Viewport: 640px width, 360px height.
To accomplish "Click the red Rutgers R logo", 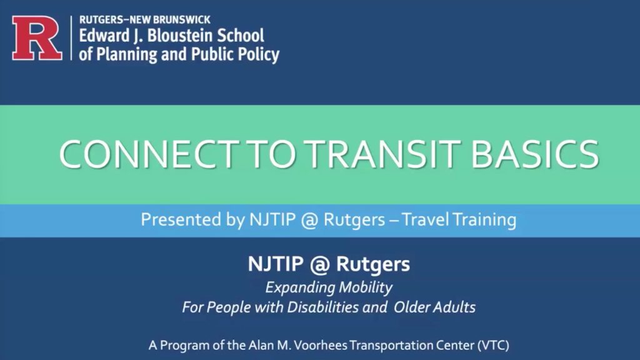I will coord(37,38).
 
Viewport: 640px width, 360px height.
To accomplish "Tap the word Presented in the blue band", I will coord(173,220).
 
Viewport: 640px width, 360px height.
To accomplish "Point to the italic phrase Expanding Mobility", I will coord(329,287).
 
